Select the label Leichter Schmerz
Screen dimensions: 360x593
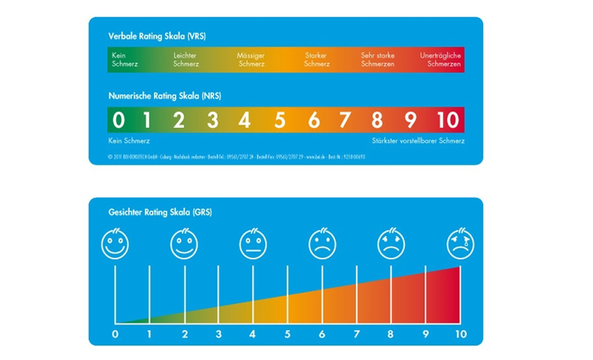pos(186,60)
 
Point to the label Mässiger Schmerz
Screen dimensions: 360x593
pos(251,60)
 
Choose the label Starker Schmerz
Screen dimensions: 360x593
pos(316,60)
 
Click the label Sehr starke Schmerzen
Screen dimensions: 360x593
pos(377,60)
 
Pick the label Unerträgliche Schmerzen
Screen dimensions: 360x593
pos(441,60)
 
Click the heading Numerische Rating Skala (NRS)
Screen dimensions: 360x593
pos(164,96)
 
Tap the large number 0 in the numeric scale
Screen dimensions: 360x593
pos(118,120)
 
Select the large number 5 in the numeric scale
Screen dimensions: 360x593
pos(279,120)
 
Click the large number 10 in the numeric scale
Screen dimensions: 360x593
pos(447,120)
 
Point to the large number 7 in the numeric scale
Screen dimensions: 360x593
pos(345,120)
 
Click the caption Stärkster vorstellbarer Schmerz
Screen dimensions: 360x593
pos(418,140)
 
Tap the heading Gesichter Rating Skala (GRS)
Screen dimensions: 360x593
pos(161,212)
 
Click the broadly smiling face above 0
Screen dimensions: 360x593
pos(115,243)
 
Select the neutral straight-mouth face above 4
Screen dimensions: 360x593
pos(253,243)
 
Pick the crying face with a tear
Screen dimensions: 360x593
pos(460,243)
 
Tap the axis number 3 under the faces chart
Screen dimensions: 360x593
pos(219,334)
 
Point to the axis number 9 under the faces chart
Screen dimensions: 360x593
pos(426,334)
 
